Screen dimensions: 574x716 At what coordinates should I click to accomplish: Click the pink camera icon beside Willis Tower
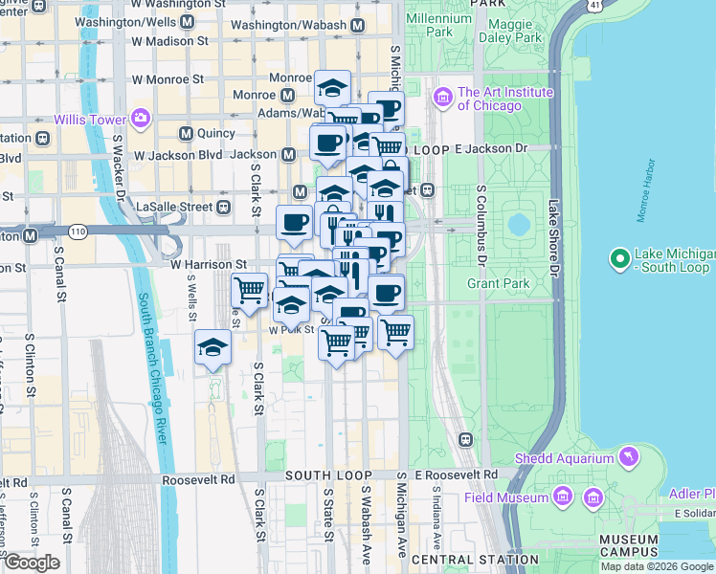141,119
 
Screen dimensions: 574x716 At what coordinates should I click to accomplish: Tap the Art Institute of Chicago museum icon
442,98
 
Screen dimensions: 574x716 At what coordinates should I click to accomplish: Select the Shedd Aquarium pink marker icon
627,458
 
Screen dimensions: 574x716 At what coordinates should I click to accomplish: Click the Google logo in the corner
31,563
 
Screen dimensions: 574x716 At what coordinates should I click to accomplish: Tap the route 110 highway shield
77,232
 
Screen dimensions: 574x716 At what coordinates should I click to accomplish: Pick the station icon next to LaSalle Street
223,206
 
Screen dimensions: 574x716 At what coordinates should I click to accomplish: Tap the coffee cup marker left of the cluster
294,222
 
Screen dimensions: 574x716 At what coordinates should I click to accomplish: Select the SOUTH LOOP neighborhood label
323,475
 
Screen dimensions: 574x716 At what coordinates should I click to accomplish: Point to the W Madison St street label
169,41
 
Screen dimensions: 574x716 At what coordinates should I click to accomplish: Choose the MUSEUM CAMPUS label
628,544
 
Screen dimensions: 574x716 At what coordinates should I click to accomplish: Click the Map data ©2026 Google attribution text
657,566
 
